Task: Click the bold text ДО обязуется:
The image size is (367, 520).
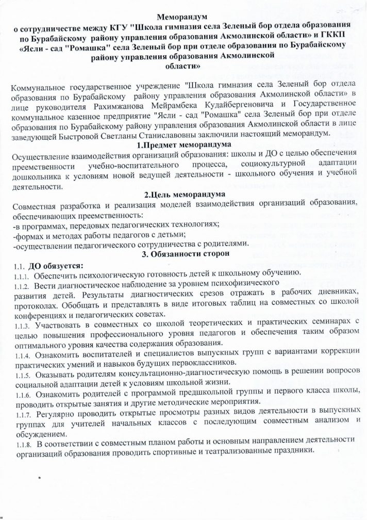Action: click(53, 265)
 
